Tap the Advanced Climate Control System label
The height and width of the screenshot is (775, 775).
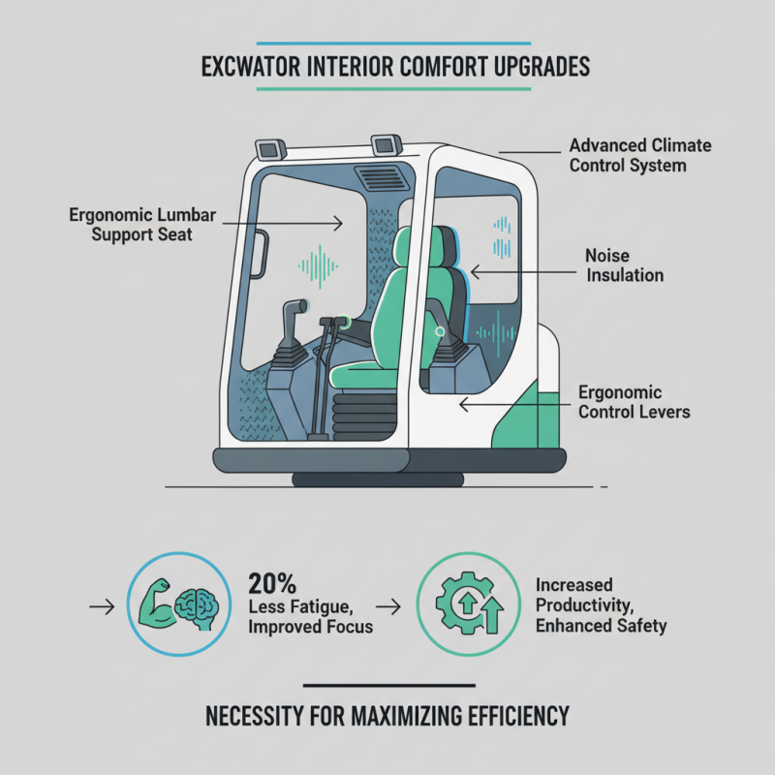click(639, 155)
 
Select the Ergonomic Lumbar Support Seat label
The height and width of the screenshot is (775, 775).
click(131, 224)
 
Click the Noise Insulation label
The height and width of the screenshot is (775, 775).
click(624, 265)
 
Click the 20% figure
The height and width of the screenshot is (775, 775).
click(272, 584)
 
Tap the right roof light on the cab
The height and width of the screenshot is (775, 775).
click(387, 144)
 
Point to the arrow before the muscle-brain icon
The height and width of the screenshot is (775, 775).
click(100, 607)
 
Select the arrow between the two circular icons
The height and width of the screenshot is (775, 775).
click(388, 607)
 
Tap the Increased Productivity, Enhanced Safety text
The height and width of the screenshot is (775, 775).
click(601, 605)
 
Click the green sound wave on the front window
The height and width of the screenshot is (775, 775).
click(318, 263)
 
